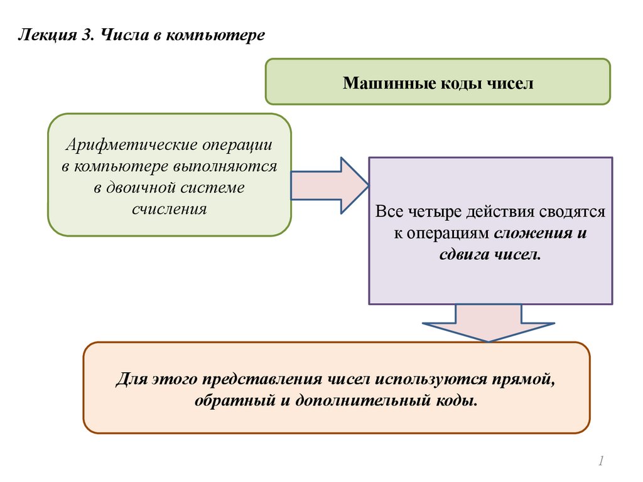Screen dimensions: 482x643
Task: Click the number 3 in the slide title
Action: point(85,35)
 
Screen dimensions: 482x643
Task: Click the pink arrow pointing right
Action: point(329,186)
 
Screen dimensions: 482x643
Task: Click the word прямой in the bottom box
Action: point(525,380)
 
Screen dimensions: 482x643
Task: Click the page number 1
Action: point(600,462)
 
